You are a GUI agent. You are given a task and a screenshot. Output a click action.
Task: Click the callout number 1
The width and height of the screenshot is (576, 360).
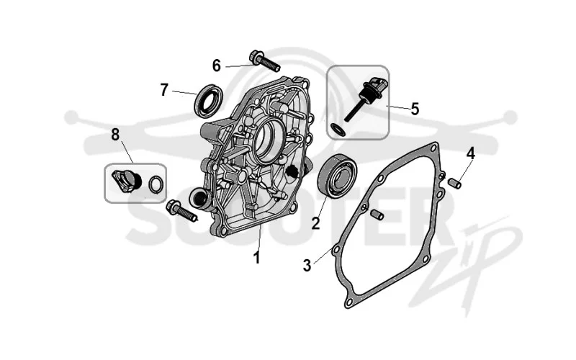click(x=257, y=258)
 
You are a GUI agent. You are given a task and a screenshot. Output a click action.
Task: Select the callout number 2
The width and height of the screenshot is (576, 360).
click(x=315, y=223)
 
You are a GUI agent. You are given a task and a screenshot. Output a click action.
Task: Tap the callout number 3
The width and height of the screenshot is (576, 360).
click(x=307, y=265)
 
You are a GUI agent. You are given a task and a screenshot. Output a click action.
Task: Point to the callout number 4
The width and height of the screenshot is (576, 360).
click(x=471, y=153)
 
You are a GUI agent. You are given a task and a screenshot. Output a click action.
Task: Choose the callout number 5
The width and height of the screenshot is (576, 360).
click(x=415, y=109)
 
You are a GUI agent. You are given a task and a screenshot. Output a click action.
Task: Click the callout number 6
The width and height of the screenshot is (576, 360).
click(x=217, y=66)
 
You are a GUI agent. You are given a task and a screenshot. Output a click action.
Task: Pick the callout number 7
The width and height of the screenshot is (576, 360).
click(x=164, y=89)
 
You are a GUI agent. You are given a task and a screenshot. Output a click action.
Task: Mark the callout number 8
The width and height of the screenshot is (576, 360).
click(x=115, y=135)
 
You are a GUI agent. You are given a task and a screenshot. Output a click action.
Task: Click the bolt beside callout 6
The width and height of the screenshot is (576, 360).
click(x=264, y=62)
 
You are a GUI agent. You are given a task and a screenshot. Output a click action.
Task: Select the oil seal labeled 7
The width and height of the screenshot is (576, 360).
click(x=208, y=101)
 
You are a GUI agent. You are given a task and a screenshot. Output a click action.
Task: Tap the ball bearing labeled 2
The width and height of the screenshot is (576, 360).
click(x=338, y=176)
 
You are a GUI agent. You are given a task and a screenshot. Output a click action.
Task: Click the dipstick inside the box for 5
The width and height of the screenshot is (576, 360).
click(x=365, y=99)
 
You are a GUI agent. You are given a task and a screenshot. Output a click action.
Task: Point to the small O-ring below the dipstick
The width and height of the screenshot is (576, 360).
click(x=338, y=130)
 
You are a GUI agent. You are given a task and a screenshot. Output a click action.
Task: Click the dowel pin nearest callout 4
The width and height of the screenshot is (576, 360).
click(x=455, y=183)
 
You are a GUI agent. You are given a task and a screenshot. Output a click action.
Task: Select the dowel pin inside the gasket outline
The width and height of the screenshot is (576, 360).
click(x=377, y=215)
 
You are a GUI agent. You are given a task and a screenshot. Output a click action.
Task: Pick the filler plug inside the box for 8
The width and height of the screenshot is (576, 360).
click(x=127, y=181)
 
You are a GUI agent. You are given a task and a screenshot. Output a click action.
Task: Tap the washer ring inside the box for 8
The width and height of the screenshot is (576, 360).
click(x=156, y=184)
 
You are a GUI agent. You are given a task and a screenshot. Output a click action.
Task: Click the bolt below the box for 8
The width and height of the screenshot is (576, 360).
click(x=182, y=211)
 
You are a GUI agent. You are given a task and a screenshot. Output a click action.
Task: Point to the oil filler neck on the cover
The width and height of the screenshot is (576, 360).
click(x=200, y=199)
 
